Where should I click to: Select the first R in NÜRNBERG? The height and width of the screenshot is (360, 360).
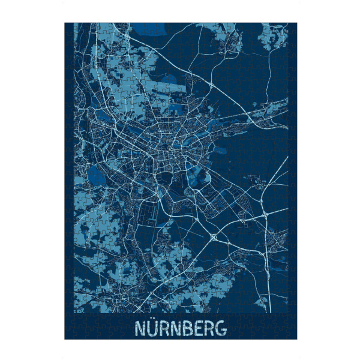point(163,329)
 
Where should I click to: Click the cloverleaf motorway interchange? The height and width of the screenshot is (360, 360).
point(214,238)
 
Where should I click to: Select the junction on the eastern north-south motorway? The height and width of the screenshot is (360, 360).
point(265,214)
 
